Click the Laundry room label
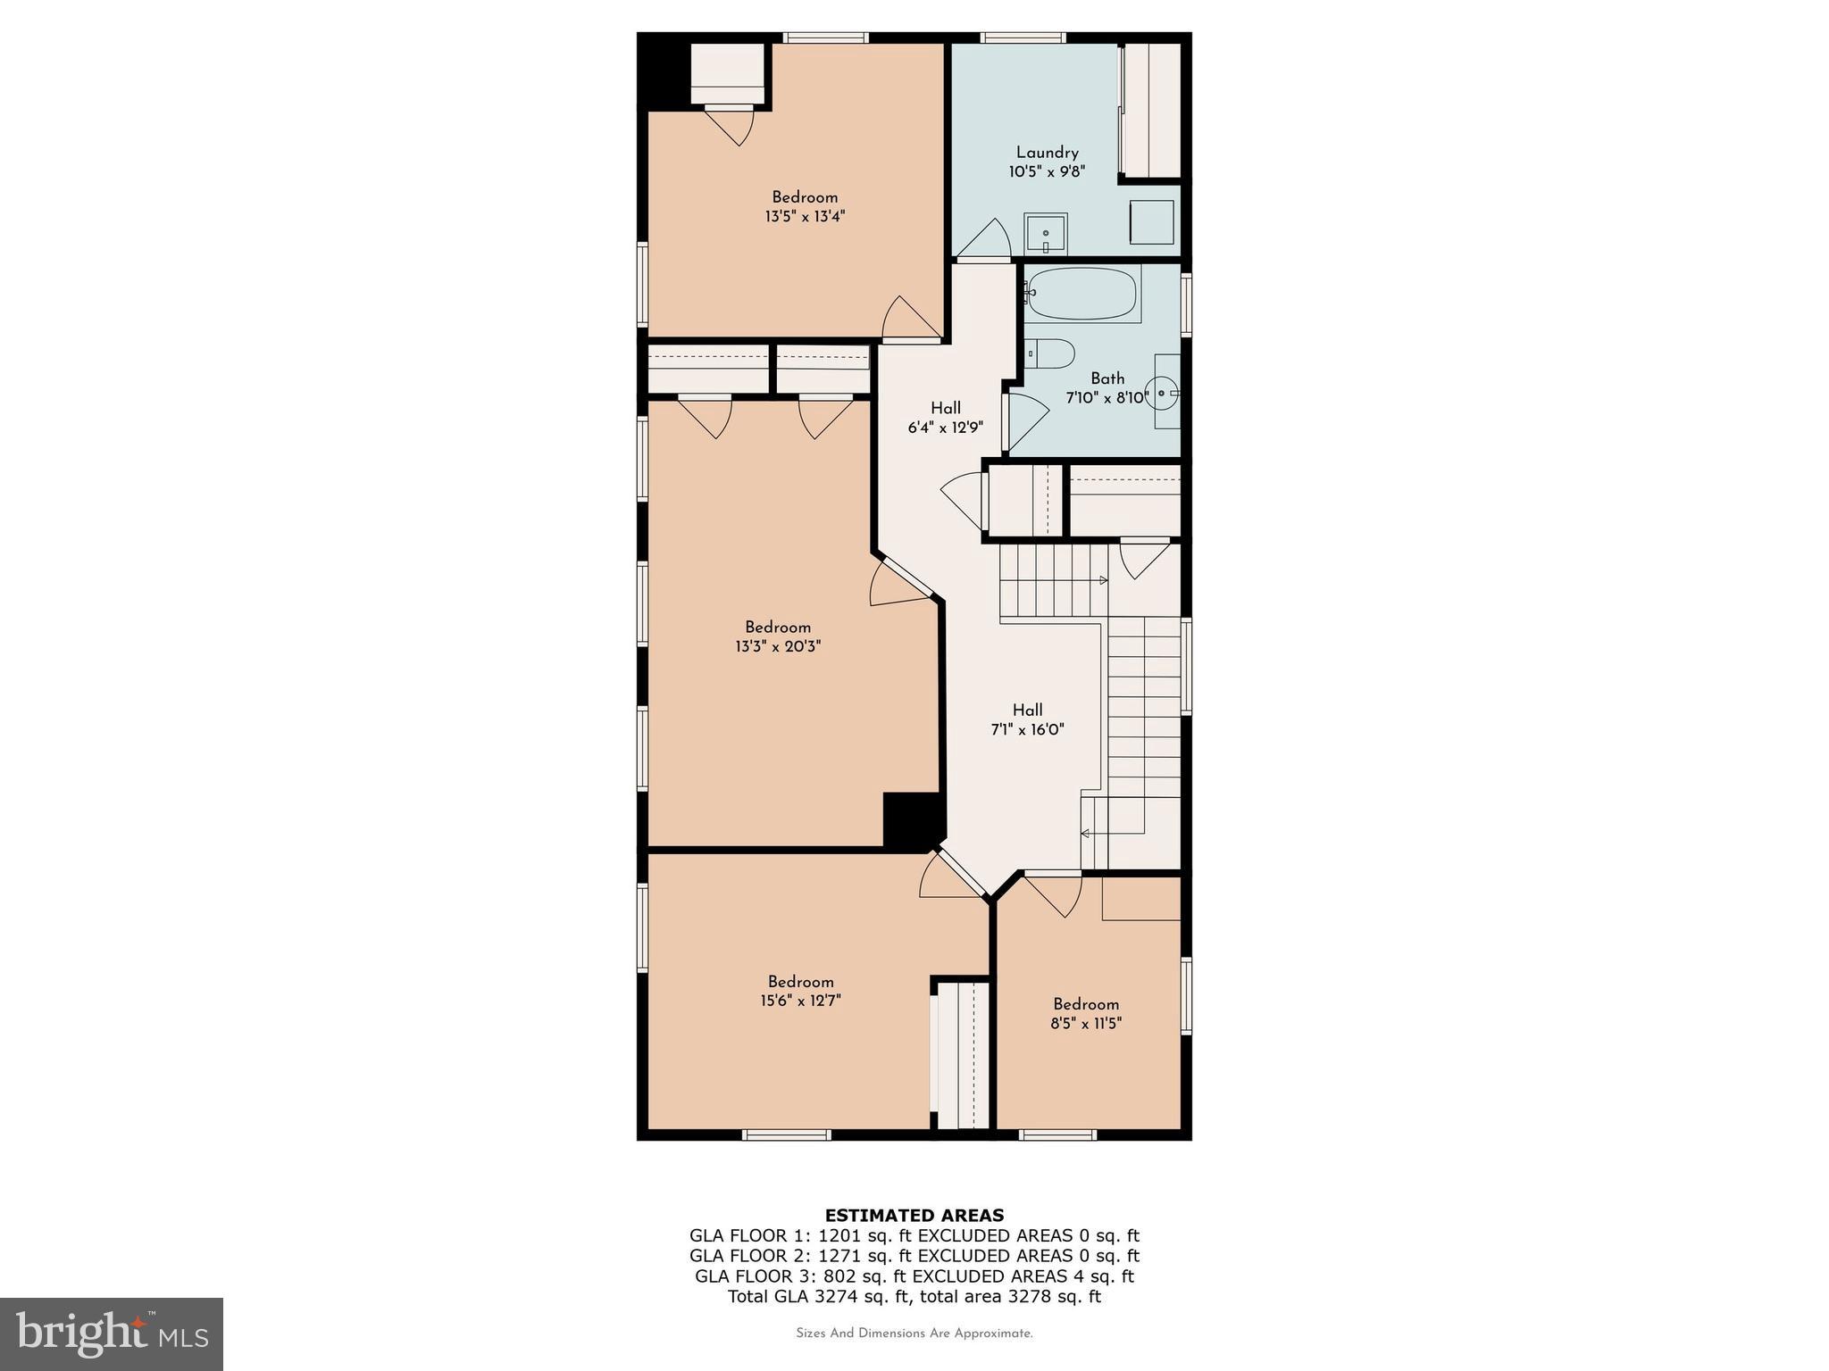coord(1047,153)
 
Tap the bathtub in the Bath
coord(1082,294)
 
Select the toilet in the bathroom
coord(1049,353)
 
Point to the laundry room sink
coord(1045,234)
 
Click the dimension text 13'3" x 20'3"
coord(777,646)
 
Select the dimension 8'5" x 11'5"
coord(1085,1023)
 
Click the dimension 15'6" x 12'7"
coord(800,1001)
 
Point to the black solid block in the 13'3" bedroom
coord(911,818)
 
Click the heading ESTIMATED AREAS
coord(914,1215)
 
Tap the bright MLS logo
coord(112,1334)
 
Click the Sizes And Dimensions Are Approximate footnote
coord(914,1334)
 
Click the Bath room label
coord(1107,378)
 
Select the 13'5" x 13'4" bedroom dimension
coord(805,216)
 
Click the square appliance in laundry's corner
coord(1151,221)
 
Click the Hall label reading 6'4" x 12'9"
coord(945,428)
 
